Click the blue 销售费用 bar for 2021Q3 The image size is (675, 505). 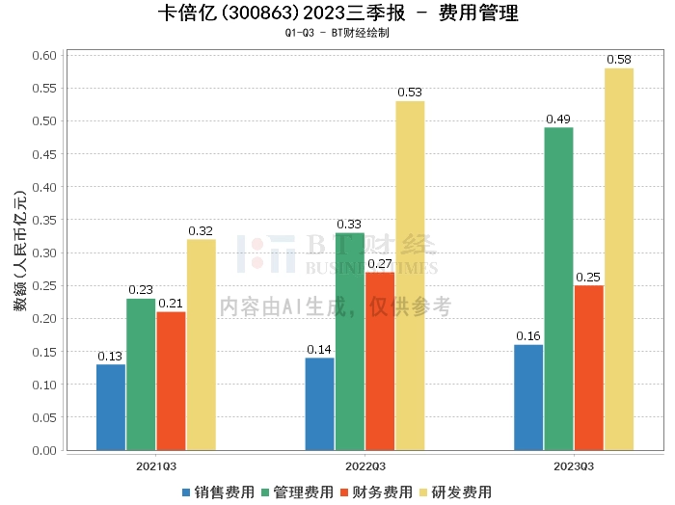(111, 407)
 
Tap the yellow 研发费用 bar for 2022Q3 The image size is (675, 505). (410, 276)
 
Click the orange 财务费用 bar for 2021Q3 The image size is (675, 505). (171, 381)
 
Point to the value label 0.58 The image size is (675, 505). (618, 60)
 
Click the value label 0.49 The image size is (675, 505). (558, 120)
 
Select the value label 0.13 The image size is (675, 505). (111, 356)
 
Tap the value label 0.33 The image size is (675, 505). (349, 225)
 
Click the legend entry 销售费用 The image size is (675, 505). (218, 492)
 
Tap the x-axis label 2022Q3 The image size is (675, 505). (364, 465)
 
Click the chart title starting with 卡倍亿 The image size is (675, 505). (337, 13)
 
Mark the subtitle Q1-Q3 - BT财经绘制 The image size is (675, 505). (337, 33)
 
